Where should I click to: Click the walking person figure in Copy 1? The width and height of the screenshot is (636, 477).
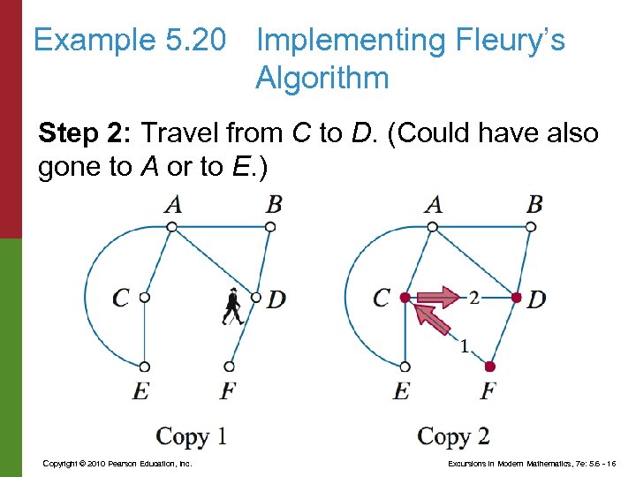click(x=232, y=306)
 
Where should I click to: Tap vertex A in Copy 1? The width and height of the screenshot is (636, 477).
click(x=172, y=227)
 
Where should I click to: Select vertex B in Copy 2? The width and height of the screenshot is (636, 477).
click(x=530, y=227)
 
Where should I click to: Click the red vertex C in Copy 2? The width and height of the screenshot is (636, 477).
click(x=405, y=298)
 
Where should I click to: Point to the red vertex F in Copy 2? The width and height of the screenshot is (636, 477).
click(x=490, y=366)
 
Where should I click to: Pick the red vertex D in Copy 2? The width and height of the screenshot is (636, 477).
click(x=517, y=298)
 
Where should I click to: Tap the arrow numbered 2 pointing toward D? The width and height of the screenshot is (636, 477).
click(x=439, y=297)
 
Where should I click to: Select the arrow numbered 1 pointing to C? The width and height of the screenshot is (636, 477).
click(x=432, y=317)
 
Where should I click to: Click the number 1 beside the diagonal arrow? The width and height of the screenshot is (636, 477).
click(x=465, y=346)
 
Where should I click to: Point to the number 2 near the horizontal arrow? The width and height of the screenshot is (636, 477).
click(x=474, y=298)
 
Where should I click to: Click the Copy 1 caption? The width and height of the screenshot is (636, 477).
click(x=192, y=436)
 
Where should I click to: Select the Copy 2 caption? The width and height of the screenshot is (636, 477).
click(x=453, y=436)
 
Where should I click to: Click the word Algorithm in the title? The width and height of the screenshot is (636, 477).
click(x=322, y=79)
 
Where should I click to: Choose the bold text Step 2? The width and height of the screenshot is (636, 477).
click(x=86, y=134)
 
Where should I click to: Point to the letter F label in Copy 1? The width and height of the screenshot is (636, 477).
click(x=228, y=390)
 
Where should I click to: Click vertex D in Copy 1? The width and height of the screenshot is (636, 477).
click(x=256, y=298)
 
